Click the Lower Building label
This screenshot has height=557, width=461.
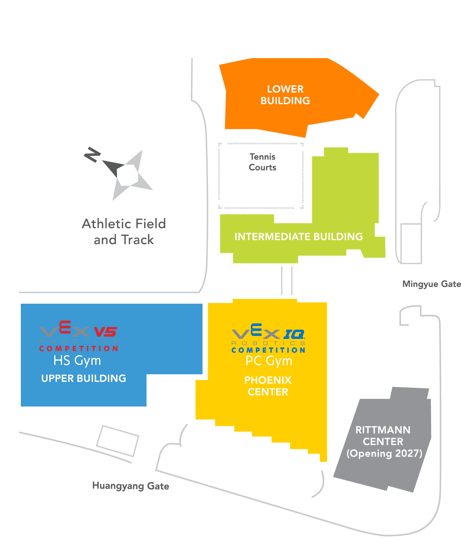tap(285, 95)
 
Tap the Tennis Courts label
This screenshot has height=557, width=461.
tap(262, 162)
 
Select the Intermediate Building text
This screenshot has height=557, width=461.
tap(298, 237)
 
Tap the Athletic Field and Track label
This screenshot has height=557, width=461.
tap(124, 232)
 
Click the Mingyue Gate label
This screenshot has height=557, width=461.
tap(432, 284)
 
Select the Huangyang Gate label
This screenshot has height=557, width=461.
tap(131, 486)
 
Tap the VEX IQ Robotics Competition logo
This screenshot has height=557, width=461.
tap(268, 339)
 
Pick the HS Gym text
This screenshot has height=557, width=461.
tap(77, 361)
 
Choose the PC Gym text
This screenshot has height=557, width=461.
tap(269, 361)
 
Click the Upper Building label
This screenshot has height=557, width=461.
tap(84, 378)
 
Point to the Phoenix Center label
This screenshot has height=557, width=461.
tap(268, 386)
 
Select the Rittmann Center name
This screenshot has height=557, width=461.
tap(383, 436)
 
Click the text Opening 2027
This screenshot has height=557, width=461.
tap(384, 454)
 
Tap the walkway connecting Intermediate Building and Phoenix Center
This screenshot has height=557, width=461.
tap(286, 281)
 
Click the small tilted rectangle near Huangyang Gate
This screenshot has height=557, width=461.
tap(117, 441)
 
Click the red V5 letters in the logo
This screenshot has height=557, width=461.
tap(106, 332)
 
